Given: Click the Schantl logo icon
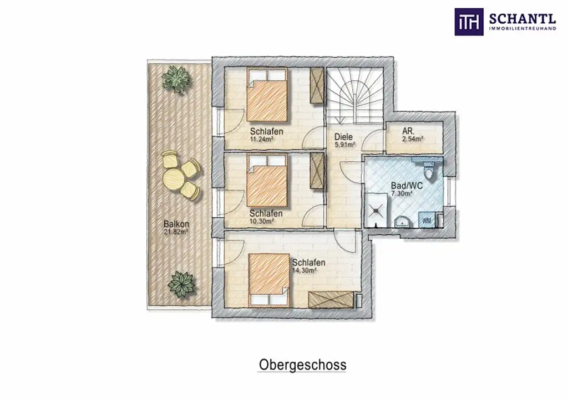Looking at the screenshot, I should [x=469, y=22].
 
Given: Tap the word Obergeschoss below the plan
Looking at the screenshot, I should [x=302, y=365].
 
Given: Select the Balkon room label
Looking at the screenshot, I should [x=176, y=224].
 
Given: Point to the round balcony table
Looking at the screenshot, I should [x=174, y=178].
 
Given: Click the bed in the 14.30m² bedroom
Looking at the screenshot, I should [x=270, y=279].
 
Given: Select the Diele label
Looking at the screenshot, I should [x=344, y=137].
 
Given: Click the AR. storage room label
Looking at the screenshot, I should [x=410, y=132].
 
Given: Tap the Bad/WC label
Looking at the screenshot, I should [x=407, y=186].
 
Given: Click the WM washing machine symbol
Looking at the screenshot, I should [x=427, y=220].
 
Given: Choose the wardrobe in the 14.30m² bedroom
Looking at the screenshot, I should [x=331, y=299].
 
